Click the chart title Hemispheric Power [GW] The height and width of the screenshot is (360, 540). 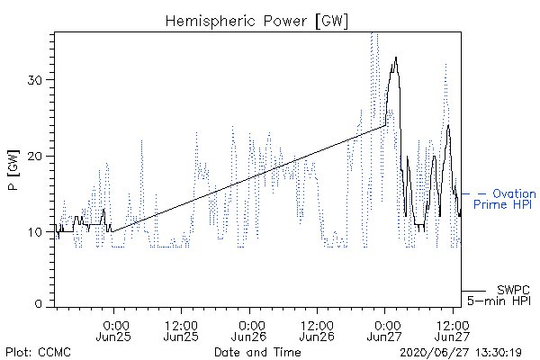pyautogui.click(x=256, y=22)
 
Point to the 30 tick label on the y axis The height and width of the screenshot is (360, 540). pyautogui.click(x=35, y=80)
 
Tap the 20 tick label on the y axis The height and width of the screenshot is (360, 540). pyautogui.click(x=35, y=156)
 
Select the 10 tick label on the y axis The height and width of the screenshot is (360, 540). pyautogui.click(x=35, y=232)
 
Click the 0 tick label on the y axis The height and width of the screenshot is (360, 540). pyautogui.click(x=39, y=303)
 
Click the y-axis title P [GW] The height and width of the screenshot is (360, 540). pyautogui.click(x=14, y=170)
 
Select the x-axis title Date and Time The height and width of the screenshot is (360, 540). pyautogui.click(x=257, y=352)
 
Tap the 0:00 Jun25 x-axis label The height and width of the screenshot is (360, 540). pyautogui.click(x=113, y=331)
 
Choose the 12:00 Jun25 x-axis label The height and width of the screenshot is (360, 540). pyautogui.click(x=181, y=331)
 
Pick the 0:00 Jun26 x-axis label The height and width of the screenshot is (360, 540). pyautogui.click(x=248, y=331)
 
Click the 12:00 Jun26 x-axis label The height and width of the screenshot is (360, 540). pyautogui.click(x=317, y=331)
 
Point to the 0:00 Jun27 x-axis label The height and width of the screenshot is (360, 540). pyautogui.click(x=384, y=331)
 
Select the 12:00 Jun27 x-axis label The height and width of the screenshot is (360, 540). pyautogui.click(x=452, y=331)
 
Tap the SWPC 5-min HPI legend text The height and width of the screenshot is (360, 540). pyautogui.click(x=499, y=295)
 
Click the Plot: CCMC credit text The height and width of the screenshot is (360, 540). pyautogui.click(x=38, y=353)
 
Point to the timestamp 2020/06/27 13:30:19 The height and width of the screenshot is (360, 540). pyautogui.click(x=461, y=353)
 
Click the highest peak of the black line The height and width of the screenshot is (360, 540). pyautogui.click(x=396, y=58)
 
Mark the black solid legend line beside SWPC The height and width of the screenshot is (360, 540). pyautogui.click(x=473, y=291)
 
